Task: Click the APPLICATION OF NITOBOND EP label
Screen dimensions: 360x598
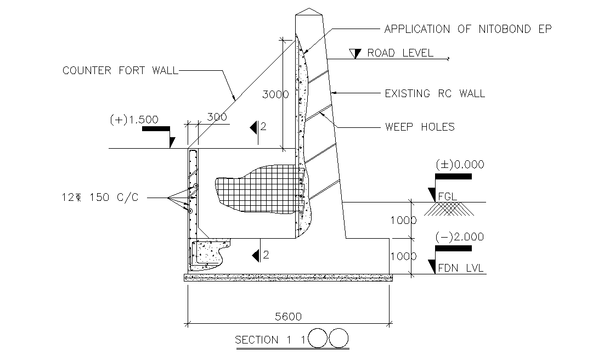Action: pyautogui.click(x=467, y=29)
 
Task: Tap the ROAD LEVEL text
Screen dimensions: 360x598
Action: pyautogui.click(x=400, y=53)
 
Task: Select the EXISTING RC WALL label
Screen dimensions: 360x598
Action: pyautogui.click(x=435, y=94)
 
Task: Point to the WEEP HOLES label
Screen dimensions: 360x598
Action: pyautogui.click(x=420, y=127)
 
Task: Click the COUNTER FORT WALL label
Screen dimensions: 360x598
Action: pyautogui.click(x=121, y=70)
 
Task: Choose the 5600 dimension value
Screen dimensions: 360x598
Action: pyautogui.click(x=288, y=317)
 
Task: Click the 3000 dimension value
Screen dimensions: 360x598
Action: pyautogui.click(x=275, y=94)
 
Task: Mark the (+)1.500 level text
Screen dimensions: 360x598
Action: pyautogui.click(x=134, y=120)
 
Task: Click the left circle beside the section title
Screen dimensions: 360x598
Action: pyautogui.click(x=318, y=338)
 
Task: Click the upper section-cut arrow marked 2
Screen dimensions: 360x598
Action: pyautogui.click(x=255, y=127)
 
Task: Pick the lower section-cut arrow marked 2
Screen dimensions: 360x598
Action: pyautogui.click(x=255, y=255)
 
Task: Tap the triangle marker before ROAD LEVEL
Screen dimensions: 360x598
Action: pyautogui.click(x=355, y=53)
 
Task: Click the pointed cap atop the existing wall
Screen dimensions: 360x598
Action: pyautogui.click(x=308, y=13)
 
